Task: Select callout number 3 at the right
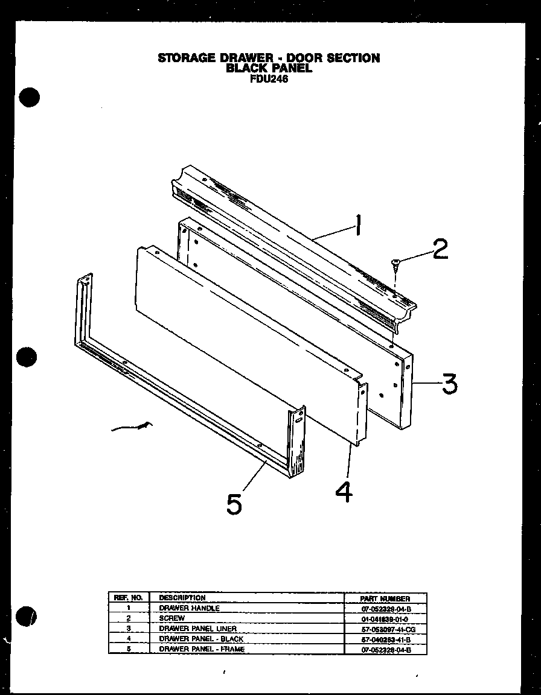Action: (448, 383)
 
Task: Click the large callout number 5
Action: (234, 504)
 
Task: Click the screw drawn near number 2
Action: (395, 262)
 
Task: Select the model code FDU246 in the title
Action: (268, 77)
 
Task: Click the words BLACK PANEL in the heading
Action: (269, 68)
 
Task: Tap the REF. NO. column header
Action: (127, 598)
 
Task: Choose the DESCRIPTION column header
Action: (182, 598)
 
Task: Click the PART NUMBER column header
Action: (385, 598)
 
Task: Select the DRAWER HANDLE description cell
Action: (189, 608)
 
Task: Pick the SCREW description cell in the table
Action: (171, 618)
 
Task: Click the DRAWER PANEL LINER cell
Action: (197, 629)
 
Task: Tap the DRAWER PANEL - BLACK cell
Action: (200, 638)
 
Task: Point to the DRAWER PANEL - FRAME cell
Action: (202, 649)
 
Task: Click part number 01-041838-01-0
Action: (385, 619)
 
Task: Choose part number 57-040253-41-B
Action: (385, 639)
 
